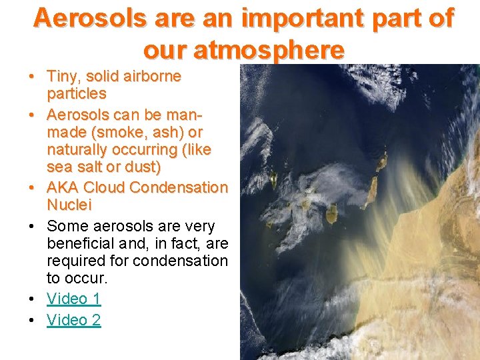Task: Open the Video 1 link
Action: (x=73, y=299)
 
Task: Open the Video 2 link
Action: (x=73, y=320)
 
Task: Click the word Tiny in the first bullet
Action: (x=62, y=76)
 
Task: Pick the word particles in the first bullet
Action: (x=77, y=93)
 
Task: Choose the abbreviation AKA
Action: (x=63, y=187)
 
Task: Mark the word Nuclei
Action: (x=69, y=205)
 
